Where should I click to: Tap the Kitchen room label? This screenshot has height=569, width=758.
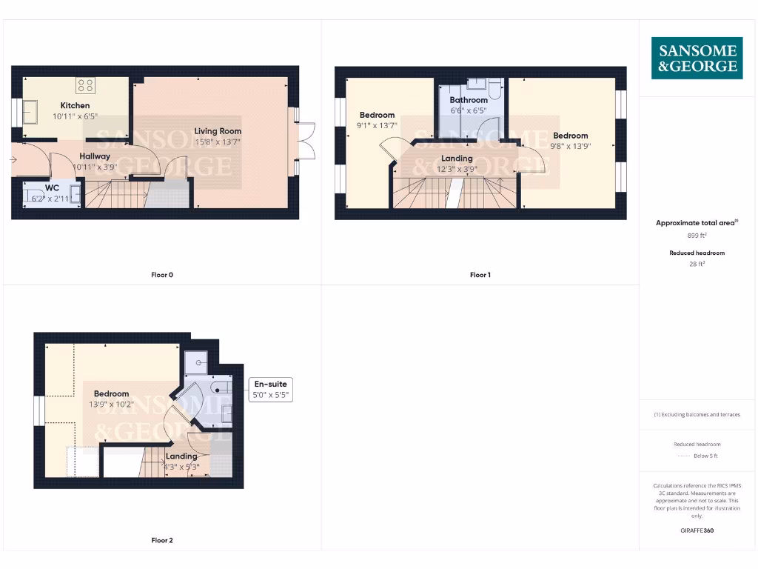click(75, 106)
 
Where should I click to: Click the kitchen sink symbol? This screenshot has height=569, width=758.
click(33, 113)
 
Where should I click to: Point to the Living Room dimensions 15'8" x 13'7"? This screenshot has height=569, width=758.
click(218, 142)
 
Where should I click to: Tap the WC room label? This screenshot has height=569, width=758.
click(52, 188)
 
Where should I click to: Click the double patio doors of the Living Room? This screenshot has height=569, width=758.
click(305, 142)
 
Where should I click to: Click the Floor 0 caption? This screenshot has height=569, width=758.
click(162, 275)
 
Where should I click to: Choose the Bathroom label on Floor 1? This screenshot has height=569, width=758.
click(469, 100)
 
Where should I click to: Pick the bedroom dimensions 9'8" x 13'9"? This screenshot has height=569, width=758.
click(570, 146)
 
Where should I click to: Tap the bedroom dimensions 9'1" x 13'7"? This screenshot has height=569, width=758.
click(377, 125)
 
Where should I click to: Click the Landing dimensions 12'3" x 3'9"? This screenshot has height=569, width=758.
click(457, 169)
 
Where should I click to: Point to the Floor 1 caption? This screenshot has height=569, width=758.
click(480, 275)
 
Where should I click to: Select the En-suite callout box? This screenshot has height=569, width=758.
click(271, 390)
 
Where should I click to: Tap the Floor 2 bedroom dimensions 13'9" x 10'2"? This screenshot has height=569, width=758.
click(111, 405)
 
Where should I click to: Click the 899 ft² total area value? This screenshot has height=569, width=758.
click(697, 236)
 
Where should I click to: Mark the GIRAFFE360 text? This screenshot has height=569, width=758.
click(697, 530)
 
